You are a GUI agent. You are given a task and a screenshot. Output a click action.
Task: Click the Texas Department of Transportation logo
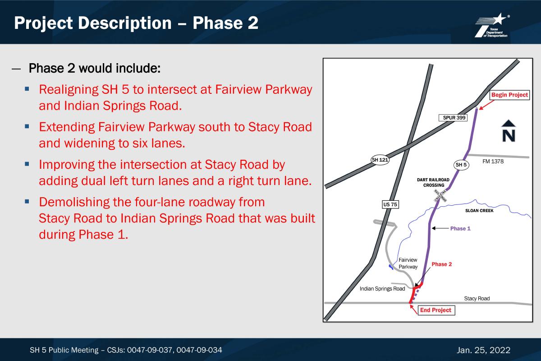492,25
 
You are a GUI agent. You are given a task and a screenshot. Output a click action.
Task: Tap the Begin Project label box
509,95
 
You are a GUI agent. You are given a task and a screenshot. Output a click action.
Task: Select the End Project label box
436,310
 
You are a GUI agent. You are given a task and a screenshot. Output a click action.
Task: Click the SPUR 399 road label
453,118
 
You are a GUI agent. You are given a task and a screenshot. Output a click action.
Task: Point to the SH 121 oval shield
380,160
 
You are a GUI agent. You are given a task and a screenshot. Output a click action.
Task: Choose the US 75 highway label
390,204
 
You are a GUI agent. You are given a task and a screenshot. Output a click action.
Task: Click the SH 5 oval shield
461,165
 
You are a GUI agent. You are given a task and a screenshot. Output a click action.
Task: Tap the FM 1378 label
493,161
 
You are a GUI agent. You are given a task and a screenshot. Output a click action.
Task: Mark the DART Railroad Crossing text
433,183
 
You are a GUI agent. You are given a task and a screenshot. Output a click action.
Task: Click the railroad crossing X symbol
440,195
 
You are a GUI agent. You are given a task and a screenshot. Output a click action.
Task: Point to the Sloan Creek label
479,211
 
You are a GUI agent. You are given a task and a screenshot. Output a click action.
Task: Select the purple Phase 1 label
460,228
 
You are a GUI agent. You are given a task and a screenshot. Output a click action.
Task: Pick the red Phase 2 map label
441,264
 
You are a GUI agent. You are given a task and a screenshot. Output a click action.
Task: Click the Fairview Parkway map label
408,264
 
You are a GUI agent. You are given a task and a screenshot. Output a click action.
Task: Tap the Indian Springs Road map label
382,289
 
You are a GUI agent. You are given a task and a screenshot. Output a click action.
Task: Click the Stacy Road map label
477,299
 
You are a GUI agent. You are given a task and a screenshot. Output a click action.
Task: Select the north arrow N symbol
509,130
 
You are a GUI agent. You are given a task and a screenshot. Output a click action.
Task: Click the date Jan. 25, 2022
483,350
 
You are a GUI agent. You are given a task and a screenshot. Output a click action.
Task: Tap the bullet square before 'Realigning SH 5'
27,89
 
